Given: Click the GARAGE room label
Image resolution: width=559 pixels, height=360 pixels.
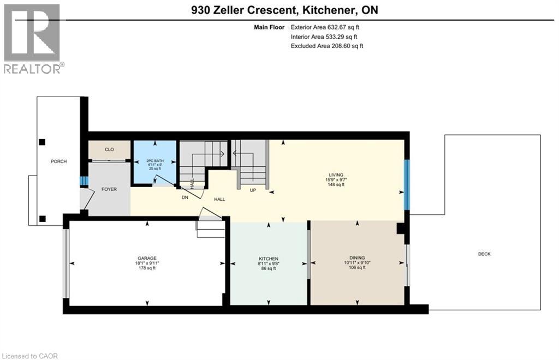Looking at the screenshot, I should point(147,258).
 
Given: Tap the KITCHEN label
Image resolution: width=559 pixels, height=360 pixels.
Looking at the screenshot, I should point(269,259).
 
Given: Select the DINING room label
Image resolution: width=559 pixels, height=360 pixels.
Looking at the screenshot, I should point(357,258).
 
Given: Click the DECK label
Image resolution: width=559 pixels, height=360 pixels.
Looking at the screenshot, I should point(484,254).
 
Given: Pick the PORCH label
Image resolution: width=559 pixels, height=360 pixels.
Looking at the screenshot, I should point(58,161).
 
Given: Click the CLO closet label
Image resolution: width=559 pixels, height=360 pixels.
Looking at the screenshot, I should point(109,149).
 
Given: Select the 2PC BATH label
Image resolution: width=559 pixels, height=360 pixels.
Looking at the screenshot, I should point(154,161).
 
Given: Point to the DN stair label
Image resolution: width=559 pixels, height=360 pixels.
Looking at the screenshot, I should point(185,197).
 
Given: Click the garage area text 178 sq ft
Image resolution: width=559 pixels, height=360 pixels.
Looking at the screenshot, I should point(147,268).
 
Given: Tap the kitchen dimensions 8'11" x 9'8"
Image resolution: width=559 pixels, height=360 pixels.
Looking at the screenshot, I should point(269,263).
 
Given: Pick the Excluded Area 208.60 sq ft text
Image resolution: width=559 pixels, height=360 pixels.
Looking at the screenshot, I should point(327,46).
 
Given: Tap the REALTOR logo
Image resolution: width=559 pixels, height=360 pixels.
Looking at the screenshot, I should point(33,38).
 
